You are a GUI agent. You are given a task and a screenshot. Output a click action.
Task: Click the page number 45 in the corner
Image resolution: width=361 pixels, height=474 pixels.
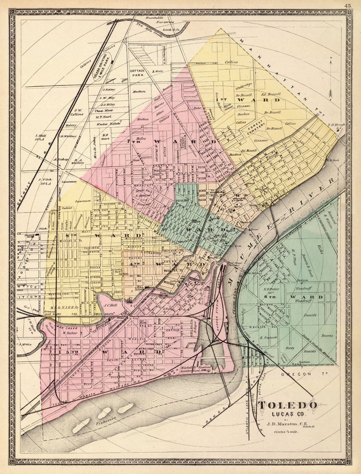(x=348, y=5)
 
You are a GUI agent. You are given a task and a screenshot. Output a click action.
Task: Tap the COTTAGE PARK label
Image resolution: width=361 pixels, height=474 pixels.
(x=137, y=74)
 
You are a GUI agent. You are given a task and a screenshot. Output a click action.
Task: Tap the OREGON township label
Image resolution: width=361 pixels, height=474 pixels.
(x=297, y=374)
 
